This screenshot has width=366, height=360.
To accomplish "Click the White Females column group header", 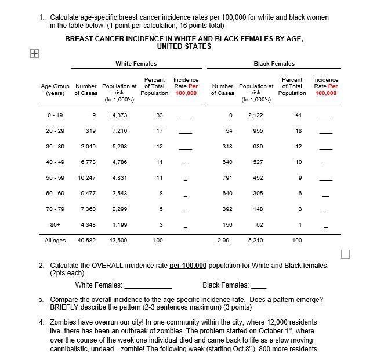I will [x=136, y=64].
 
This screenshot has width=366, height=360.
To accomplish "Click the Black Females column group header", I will [x=274, y=64].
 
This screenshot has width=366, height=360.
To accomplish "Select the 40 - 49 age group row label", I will [x=56, y=162].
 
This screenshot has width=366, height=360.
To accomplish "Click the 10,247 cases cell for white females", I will [x=86, y=177].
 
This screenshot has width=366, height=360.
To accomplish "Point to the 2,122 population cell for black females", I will [x=255, y=115].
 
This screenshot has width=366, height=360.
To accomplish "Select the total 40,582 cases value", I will [x=86, y=239].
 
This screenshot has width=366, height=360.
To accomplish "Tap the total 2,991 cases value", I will [x=225, y=239].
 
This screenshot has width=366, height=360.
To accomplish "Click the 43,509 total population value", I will [x=118, y=239].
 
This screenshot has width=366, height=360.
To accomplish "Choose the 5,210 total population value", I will [x=255, y=239].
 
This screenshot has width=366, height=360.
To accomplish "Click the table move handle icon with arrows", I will [x=33, y=53].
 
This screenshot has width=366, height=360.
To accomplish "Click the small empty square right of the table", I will [x=346, y=253].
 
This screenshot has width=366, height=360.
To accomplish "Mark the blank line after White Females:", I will [x=148, y=286].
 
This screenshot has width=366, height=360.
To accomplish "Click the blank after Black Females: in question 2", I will [x=259, y=286].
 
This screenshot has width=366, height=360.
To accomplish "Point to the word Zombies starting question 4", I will [x=65, y=322].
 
